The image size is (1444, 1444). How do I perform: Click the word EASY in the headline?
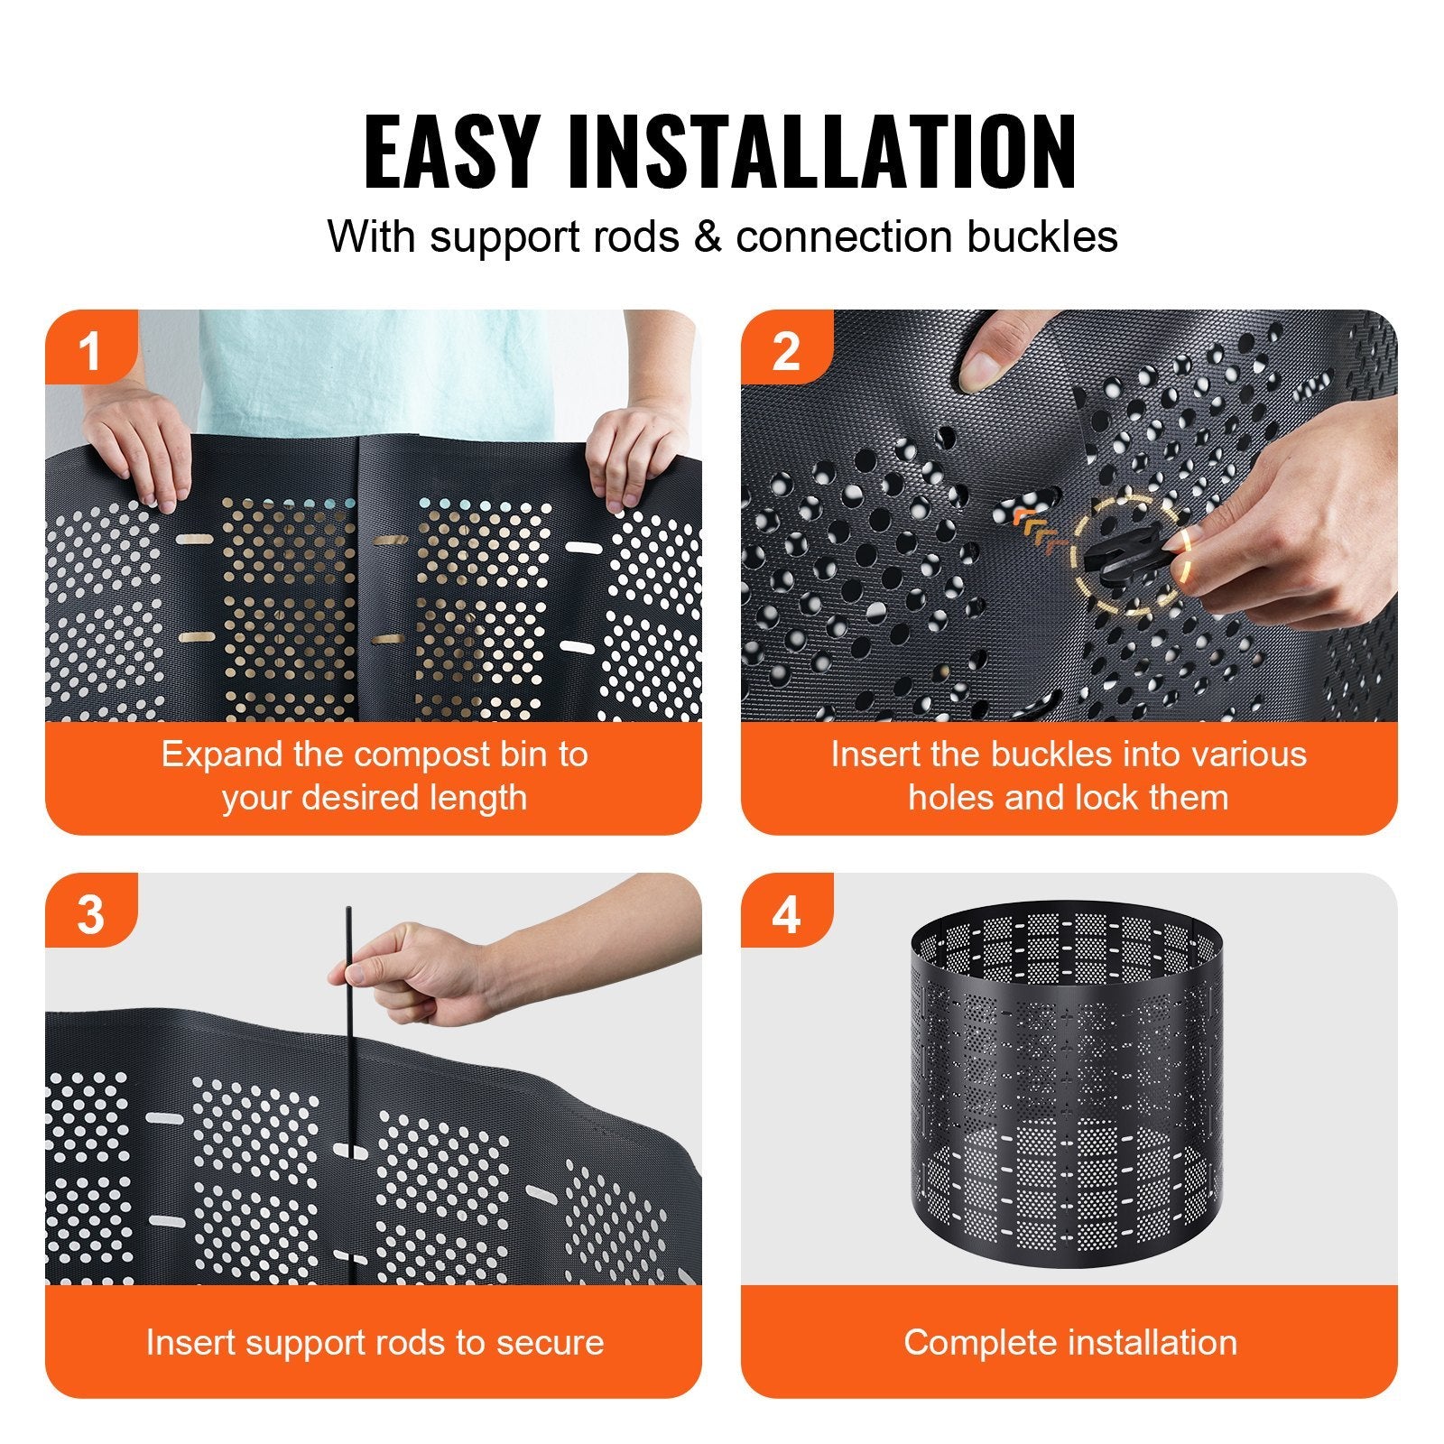pos(449,152)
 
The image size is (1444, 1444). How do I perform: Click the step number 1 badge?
pos(89,351)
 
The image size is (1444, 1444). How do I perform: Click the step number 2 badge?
pos(785,351)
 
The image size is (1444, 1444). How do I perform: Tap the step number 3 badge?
pos(89,914)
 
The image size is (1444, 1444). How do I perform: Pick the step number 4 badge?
pos(785,914)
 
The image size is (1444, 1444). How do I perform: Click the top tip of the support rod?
pos(348,910)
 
